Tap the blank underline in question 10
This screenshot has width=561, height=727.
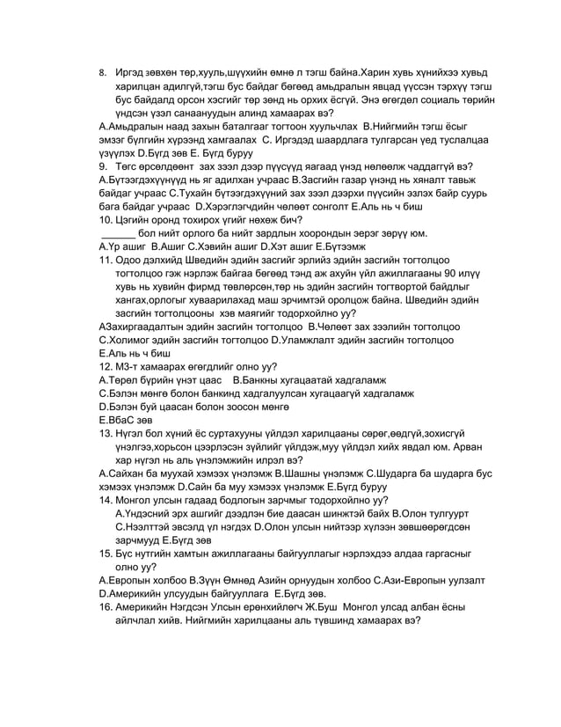pyautogui.click(x=120, y=232)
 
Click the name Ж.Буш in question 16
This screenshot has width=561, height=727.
pyautogui.click(x=333, y=606)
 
